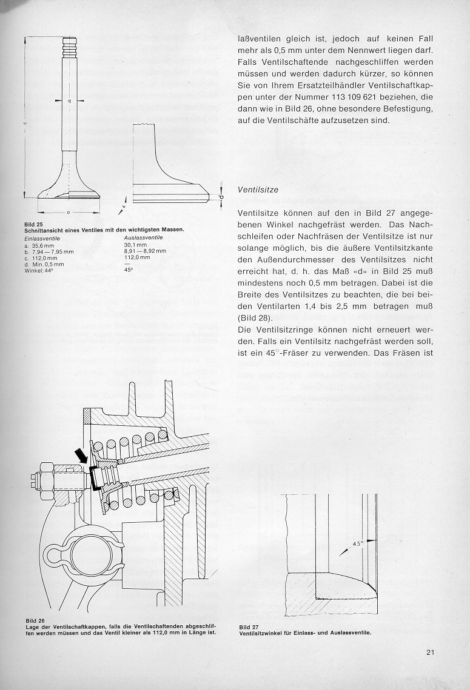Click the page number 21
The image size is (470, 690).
[431, 652]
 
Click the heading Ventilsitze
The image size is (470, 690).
[258, 190]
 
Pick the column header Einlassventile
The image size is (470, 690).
[42, 239]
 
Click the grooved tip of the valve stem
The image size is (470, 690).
[70, 45]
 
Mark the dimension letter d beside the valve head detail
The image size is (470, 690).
[221, 197]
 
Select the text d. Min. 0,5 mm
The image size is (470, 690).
[44, 264]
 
